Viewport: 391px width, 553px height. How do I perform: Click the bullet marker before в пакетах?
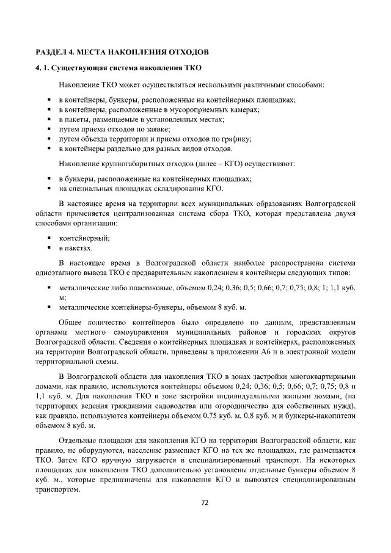[x=49, y=249]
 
